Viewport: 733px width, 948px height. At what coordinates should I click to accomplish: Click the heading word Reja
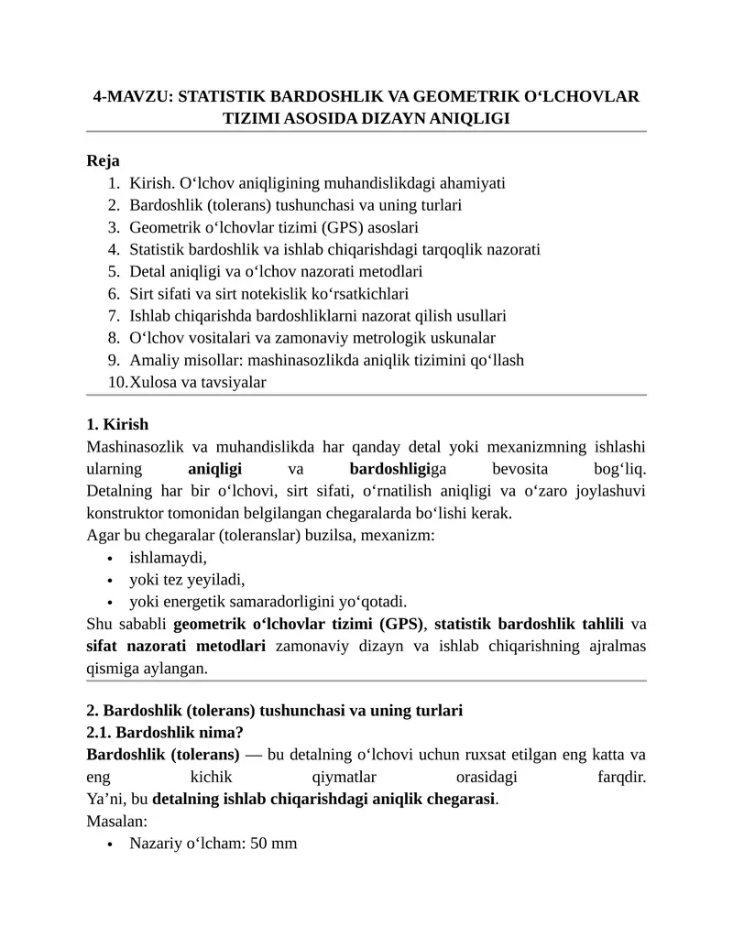point(103,160)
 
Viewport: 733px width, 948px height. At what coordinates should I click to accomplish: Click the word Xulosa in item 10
point(152,382)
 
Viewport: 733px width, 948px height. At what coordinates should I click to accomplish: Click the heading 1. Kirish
point(117,425)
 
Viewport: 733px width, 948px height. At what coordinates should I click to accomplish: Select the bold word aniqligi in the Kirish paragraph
point(214,469)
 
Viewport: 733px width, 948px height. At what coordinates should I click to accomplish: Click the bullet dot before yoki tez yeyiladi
point(110,581)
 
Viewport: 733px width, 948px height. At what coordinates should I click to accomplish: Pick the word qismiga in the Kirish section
point(111,669)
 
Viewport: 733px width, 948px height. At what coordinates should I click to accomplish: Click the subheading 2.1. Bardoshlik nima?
point(165,732)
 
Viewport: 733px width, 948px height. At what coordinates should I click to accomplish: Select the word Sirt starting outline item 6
point(143,294)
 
